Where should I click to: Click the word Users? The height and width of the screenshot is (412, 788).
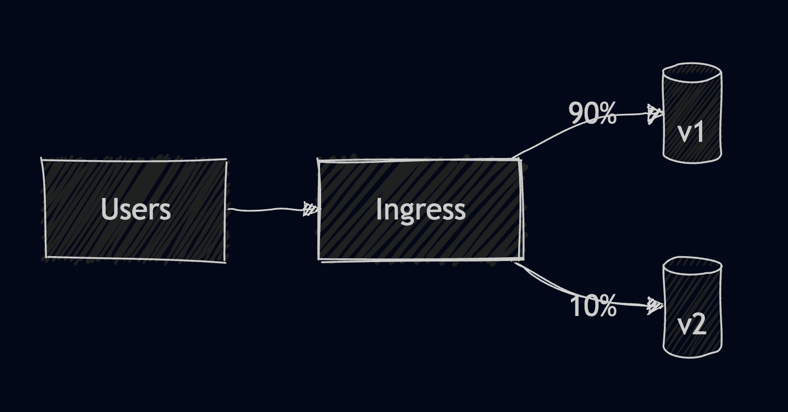(x=135, y=209)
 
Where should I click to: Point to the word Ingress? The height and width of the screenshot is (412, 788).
(x=420, y=209)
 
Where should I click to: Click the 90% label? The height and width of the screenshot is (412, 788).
(x=592, y=114)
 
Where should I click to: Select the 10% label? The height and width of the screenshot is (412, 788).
(x=593, y=306)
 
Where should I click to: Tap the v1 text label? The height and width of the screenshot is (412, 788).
(x=691, y=132)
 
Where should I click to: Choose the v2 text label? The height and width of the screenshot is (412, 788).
(x=691, y=325)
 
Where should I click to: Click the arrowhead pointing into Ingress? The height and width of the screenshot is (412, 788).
(x=311, y=209)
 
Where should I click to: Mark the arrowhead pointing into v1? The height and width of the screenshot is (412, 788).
(x=655, y=114)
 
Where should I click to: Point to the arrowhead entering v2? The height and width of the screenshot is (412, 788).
(x=655, y=306)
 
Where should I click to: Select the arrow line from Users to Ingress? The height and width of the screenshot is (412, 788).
(x=264, y=209)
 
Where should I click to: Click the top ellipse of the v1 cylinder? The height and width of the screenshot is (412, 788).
(x=692, y=73)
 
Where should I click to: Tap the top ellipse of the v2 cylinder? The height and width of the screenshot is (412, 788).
(x=692, y=266)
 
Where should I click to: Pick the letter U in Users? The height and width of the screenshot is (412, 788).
(x=110, y=209)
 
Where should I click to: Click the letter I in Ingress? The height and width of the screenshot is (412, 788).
(x=378, y=209)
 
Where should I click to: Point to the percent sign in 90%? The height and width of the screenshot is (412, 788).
(x=607, y=114)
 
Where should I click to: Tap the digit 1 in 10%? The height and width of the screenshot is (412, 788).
(x=576, y=306)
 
